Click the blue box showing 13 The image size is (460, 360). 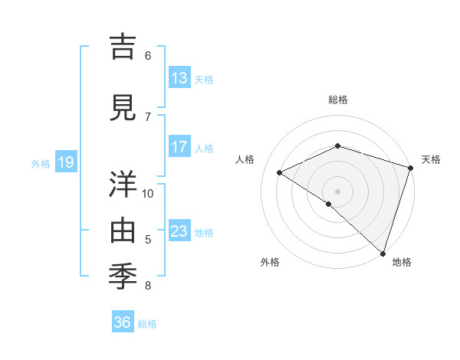[179, 77]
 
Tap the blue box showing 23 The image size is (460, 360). [179, 231]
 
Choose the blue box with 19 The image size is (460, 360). [65, 162]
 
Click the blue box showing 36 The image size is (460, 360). [123, 322]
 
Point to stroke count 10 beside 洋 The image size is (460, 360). [148, 193]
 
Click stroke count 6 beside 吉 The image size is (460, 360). [148, 55]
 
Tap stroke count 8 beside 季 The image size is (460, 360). [148, 286]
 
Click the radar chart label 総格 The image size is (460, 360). [338, 100]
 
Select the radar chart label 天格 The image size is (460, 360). [431, 159]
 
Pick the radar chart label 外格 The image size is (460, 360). [270, 262]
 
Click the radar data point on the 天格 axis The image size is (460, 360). [411, 168]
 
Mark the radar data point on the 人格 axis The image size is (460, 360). [280, 172]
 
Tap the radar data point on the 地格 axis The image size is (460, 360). [383, 253]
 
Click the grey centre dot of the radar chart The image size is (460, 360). [338, 191]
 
